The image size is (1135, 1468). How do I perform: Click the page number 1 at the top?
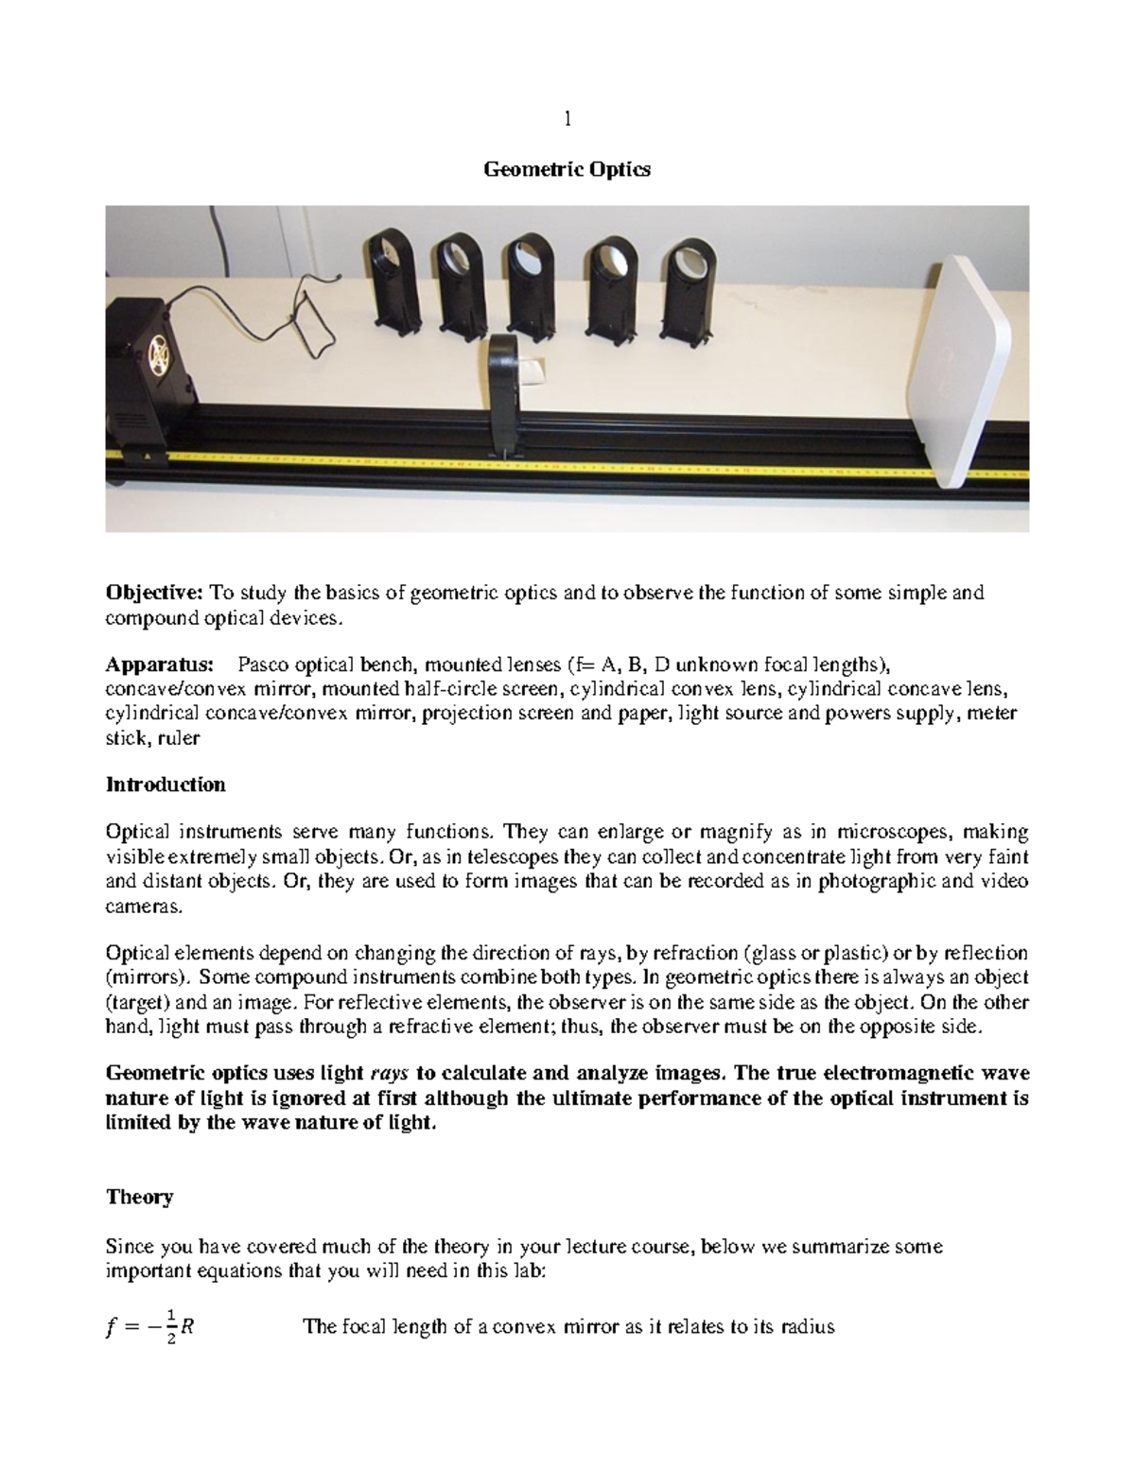click(x=567, y=119)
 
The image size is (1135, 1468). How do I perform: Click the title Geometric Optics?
click(x=567, y=170)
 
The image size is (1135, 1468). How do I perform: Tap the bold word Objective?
click(x=154, y=594)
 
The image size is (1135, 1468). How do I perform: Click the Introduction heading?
click(x=166, y=785)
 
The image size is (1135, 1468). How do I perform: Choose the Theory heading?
click(x=139, y=1198)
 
